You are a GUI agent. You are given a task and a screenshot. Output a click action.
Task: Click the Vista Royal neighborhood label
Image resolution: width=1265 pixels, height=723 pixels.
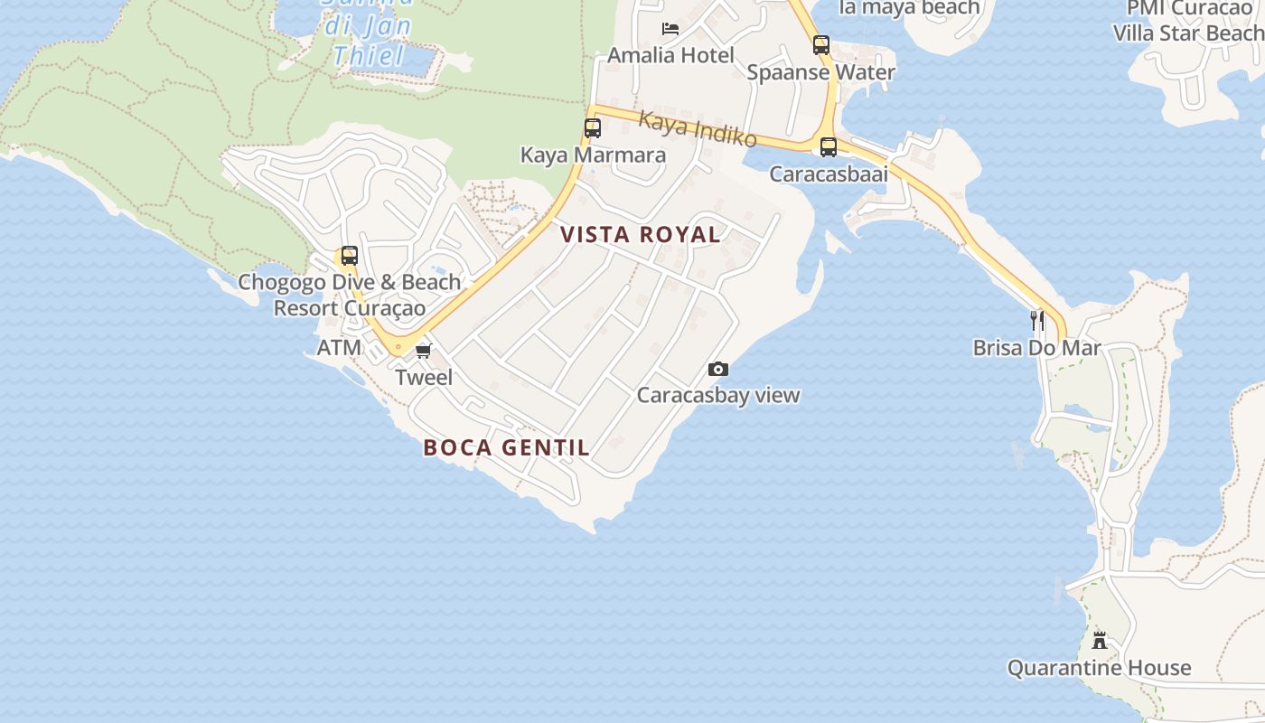pyautogui.click(x=640, y=235)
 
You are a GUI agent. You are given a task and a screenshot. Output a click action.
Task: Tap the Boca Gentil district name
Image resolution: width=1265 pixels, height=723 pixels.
pyautogui.click(x=506, y=447)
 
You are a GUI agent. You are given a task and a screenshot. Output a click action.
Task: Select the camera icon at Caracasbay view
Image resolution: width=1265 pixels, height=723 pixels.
pyautogui.click(x=718, y=369)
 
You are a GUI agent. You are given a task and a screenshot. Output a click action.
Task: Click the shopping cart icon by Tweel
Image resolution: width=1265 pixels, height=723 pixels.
pyautogui.click(x=423, y=351)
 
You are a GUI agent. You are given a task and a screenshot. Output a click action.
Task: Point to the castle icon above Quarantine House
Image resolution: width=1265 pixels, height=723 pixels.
pyautogui.click(x=1100, y=641)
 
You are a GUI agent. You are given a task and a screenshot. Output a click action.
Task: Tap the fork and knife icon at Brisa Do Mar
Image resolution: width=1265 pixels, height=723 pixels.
pyautogui.click(x=1037, y=320)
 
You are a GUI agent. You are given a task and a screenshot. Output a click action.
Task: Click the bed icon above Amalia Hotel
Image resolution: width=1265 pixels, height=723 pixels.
pyautogui.click(x=670, y=29)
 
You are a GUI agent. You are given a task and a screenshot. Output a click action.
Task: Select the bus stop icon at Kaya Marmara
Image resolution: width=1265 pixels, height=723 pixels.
pyautogui.click(x=593, y=128)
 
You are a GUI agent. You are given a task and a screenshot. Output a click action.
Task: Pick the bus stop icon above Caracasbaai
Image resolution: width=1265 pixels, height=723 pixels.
pyautogui.click(x=829, y=147)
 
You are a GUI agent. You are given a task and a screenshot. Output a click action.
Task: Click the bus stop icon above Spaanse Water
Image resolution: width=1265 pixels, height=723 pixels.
pyautogui.click(x=820, y=45)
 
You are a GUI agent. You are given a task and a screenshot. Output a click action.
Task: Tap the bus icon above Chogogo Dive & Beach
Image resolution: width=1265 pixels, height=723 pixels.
pyautogui.click(x=349, y=256)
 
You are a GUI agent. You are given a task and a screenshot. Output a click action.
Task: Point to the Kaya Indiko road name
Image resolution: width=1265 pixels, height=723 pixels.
pyautogui.click(x=698, y=128)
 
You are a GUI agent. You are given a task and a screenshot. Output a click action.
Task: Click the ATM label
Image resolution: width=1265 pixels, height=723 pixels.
pyautogui.click(x=339, y=348)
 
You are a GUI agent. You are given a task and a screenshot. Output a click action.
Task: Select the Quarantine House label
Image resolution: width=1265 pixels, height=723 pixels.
pyautogui.click(x=1099, y=669)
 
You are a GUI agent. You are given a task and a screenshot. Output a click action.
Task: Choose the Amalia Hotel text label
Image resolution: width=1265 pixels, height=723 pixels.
pyautogui.click(x=670, y=55)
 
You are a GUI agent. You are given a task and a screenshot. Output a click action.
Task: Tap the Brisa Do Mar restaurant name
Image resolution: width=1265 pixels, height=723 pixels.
pyautogui.click(x=1036, y=348)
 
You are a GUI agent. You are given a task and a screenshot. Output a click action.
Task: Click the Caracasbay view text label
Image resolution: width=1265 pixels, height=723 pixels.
pyautogui.click(x=718, y=395)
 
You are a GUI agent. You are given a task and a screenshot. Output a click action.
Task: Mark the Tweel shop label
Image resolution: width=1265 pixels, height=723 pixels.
pyautogui.click(x=424, y=377)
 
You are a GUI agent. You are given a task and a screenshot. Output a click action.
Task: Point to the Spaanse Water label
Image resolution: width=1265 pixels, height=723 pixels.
pyautogui.click(x=820, y=72)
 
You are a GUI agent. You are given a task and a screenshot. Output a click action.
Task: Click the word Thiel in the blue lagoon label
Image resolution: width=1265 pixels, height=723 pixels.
pyautogui.click(x=369, y=57)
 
